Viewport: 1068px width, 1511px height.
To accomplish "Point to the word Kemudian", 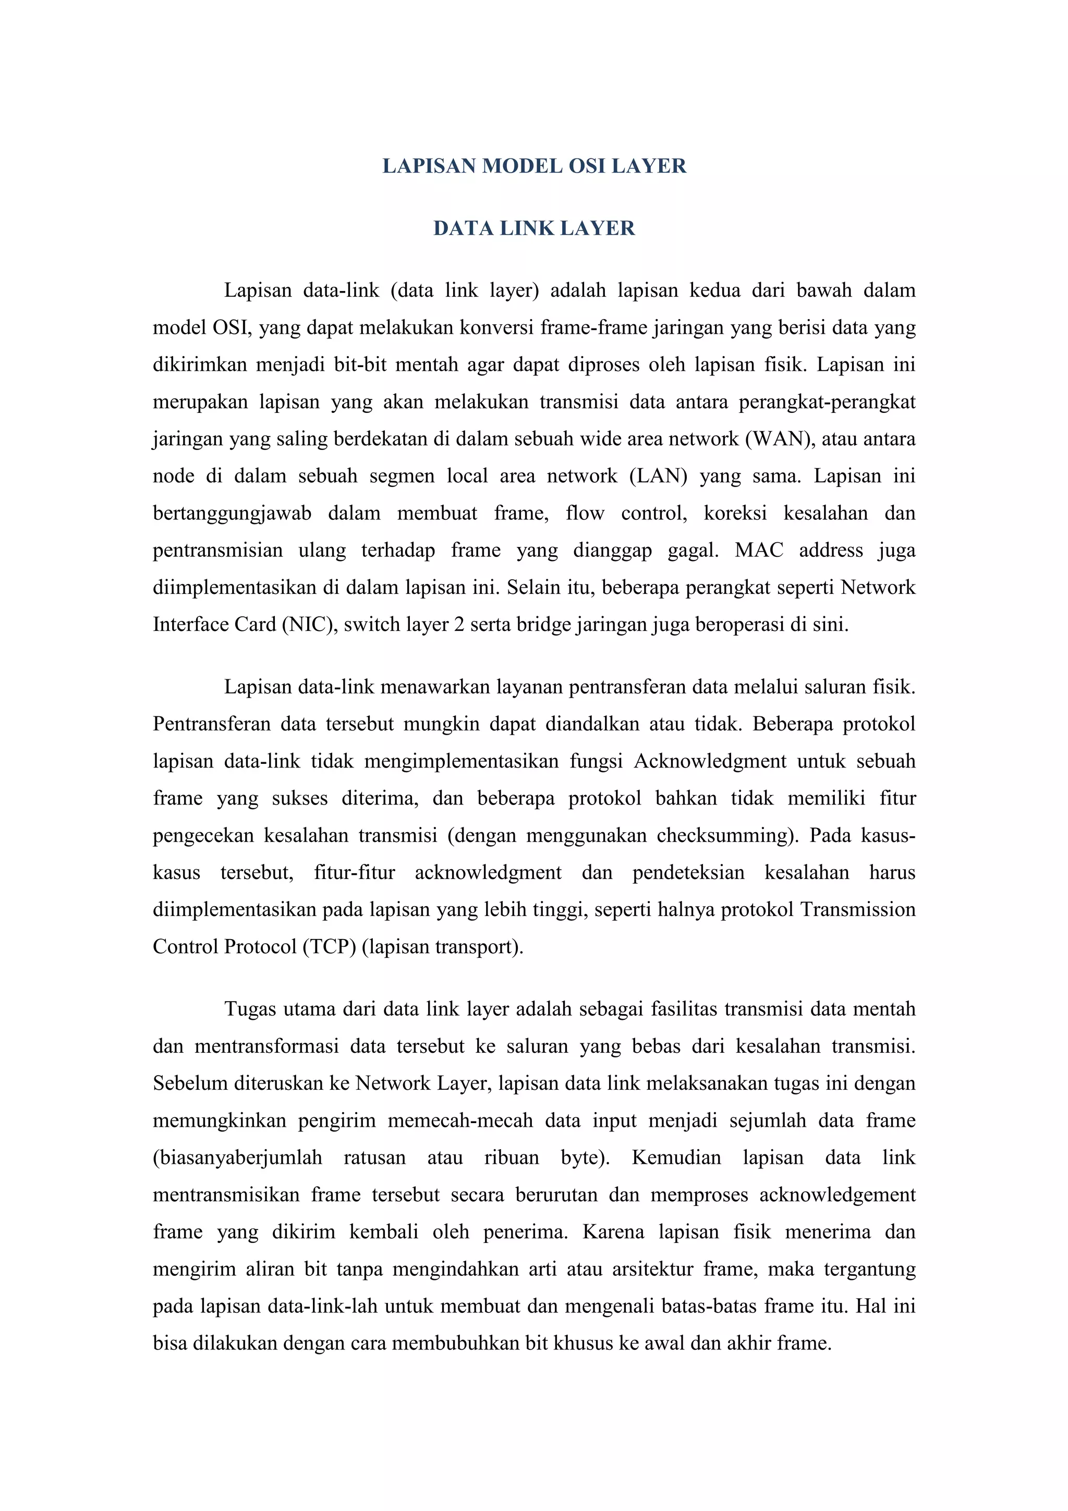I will (676, 1157).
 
